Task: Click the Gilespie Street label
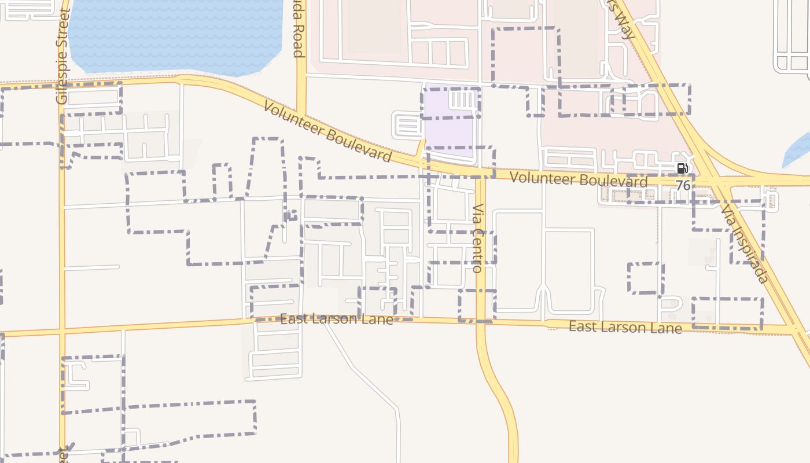(62, 57)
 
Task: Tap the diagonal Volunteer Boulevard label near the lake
(327, 131)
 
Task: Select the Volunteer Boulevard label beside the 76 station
(579, 179)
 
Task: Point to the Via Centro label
(477, 238)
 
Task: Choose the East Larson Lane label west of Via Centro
(336, 319)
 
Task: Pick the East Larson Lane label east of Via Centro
(625, 327)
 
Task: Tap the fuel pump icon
(682, 168)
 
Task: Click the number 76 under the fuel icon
(683, 185)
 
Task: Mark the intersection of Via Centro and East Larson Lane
(481, 321)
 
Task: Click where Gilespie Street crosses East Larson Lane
(62, 332)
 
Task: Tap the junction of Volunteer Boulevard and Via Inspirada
(717, 181)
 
